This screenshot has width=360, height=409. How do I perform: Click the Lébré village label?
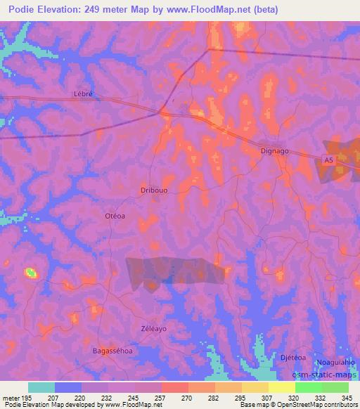[83, 93]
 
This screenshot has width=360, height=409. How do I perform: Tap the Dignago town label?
[275, 150]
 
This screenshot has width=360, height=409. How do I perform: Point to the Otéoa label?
[115, 216]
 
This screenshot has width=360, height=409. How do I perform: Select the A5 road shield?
[328, 161]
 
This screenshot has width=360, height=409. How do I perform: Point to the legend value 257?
[161, 397]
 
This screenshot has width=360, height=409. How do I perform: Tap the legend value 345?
[348, 397]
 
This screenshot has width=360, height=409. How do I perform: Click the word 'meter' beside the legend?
[9, 397]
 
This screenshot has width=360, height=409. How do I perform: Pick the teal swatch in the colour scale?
[41, 387]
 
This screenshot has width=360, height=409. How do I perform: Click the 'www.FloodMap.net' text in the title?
[218, 10]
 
